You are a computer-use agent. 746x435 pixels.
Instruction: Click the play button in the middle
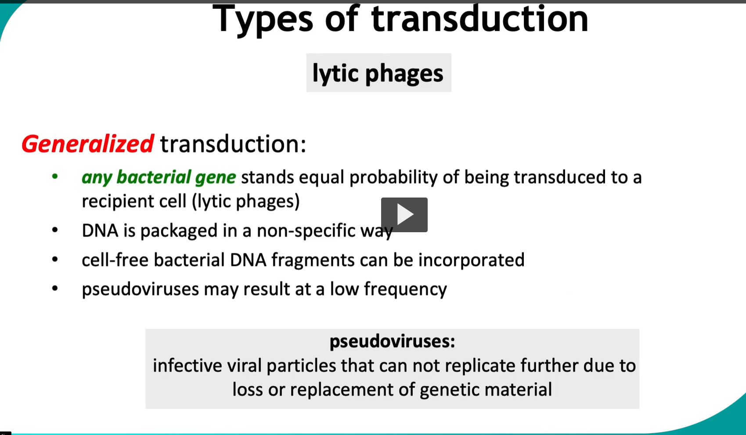click(404, 215)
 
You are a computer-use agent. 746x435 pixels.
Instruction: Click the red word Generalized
click(87, 144)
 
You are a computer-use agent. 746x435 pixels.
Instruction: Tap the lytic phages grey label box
click(378, 73)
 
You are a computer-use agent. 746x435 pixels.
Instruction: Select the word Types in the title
click(263, 19)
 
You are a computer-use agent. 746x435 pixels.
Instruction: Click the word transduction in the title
click(479, 19)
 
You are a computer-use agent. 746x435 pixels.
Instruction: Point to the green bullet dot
click(55, 177)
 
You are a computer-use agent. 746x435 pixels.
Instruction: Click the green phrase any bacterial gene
click(159, 177)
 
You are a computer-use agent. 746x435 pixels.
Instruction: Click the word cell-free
click(115, 260)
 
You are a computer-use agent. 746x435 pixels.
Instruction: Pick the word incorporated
click(471, 260)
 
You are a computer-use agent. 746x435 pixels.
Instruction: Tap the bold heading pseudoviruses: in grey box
click(392, 341)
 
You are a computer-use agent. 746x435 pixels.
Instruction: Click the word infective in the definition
click(187, 366)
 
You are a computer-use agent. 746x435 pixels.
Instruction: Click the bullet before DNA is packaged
click(55, 230)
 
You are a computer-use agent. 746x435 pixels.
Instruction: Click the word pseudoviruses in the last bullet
click(140, 289)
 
